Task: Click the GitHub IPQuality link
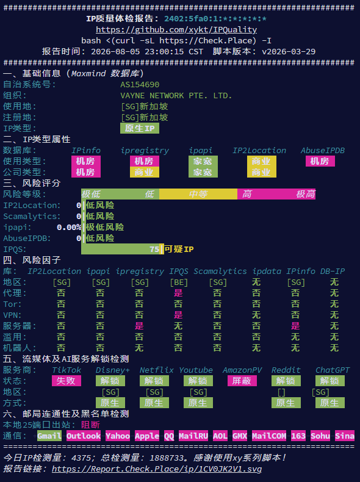coord(176,29)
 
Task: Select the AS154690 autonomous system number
coord(140,85)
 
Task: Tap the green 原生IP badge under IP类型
coord(140,128)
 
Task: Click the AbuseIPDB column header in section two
coord(323,150)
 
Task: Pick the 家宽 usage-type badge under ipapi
coord(203,161)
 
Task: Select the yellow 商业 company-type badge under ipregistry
coord(145,172)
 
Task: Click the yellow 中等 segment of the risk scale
coord(198,194)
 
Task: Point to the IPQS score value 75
coord(154,249)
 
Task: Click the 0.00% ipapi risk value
coord(69,227)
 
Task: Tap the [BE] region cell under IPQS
coord(179,282)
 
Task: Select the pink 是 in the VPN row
coord(178,315)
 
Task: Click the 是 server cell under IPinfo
coord(295,326)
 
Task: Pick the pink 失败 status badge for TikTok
coord(67,381)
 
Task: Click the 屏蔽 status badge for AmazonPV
coord(242,381)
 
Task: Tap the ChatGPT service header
coord(333,370)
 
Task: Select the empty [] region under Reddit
coord(281,392)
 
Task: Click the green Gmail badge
coord(49,436)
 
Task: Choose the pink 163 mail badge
coord(298,436)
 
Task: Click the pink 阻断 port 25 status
coord(91,425)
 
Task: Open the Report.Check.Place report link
coord(157,469)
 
